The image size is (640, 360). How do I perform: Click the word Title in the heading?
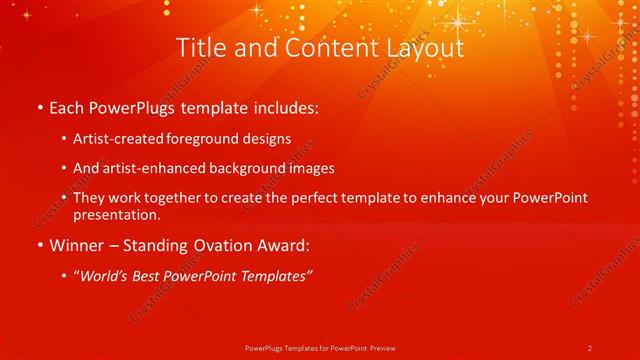[x=200, y=48]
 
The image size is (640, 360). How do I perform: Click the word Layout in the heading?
[x=419, y=48]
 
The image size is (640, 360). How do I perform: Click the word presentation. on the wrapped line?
[x=117, y=215]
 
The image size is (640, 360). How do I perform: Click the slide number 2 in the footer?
[x=590, y=347]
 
